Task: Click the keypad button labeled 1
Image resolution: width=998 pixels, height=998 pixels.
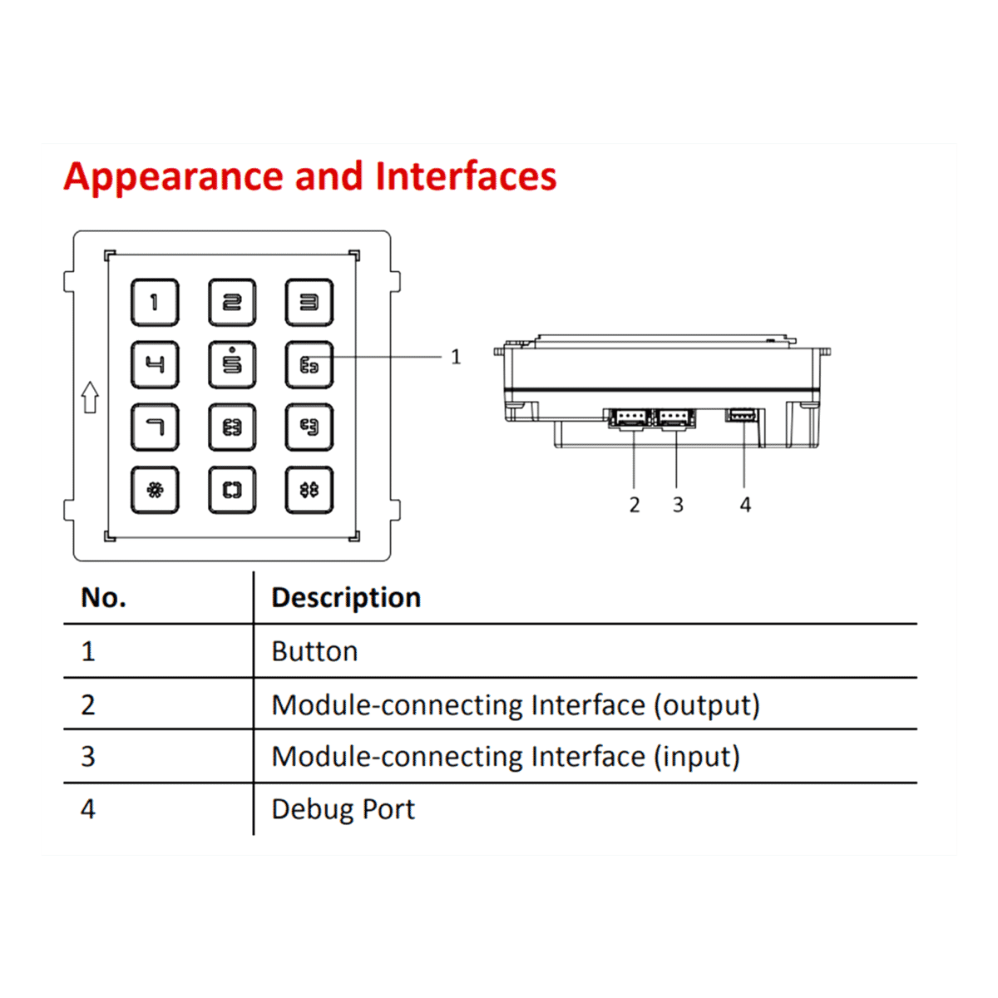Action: point(155,303)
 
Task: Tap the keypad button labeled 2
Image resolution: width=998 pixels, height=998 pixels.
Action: point(232,303)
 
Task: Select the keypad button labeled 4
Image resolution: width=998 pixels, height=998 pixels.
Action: point(155,364)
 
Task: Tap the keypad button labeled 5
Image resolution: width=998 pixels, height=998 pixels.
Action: point(232,364)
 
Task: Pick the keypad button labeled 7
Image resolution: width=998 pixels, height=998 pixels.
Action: point(155,427)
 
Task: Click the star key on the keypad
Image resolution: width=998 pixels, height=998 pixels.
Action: point(155,490)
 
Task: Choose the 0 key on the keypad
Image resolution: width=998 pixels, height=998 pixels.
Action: point(232,490)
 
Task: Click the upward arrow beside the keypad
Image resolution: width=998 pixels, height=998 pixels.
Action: point(91,398)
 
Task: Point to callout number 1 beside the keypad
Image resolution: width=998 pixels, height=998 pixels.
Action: point(456,357)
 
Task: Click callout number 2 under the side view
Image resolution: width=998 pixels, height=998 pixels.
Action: point(635,505)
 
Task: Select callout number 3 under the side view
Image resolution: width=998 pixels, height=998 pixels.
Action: point(678,505)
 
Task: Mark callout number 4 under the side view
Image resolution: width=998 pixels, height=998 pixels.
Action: point(745,505)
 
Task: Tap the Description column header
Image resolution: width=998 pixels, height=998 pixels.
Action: point(346,598)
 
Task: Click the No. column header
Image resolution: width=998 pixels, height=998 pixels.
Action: point(104,598)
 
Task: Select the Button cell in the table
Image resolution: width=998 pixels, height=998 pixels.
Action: point(314,651)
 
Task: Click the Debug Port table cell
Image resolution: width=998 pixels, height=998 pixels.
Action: point(343,809)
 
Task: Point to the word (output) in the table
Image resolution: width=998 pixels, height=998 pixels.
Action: point(706,705)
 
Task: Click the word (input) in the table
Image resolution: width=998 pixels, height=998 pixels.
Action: point(697,757)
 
